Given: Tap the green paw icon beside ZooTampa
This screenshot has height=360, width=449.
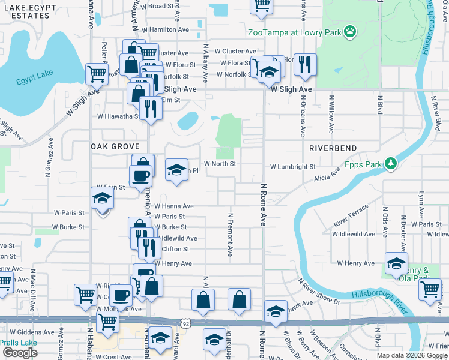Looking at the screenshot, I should pyautogui.click(x=349, y=32).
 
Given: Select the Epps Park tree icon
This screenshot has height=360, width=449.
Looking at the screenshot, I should pyautogui.click(x=391, y=163).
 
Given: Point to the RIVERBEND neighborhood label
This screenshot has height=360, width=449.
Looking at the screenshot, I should pyautogui.click(x=333, y=148).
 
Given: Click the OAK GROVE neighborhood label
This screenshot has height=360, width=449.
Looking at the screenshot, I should pyautogui.click(x=115, y=146).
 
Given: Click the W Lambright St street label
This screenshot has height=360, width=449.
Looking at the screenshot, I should pyautogui.click(x=292, y=167).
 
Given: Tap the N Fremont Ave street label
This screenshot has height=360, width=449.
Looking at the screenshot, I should pyautogui.click(x=230, y=235).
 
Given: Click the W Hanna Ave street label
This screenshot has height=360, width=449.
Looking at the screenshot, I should pyautogui.click(x=173, y=205).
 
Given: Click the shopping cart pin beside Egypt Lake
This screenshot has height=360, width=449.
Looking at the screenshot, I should pyautogui.click(x=96, y=74).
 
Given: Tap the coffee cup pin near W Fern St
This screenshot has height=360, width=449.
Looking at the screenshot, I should pyautogui.click(x=140, y=176).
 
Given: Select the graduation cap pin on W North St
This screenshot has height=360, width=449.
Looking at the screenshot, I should pyautogui.click(x=176, y=169).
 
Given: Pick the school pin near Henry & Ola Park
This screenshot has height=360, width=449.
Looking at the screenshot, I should pyautogui.click(x=396, y=263).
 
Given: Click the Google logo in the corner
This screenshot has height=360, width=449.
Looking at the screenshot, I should pyautogui.click(x=20, y=353).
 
